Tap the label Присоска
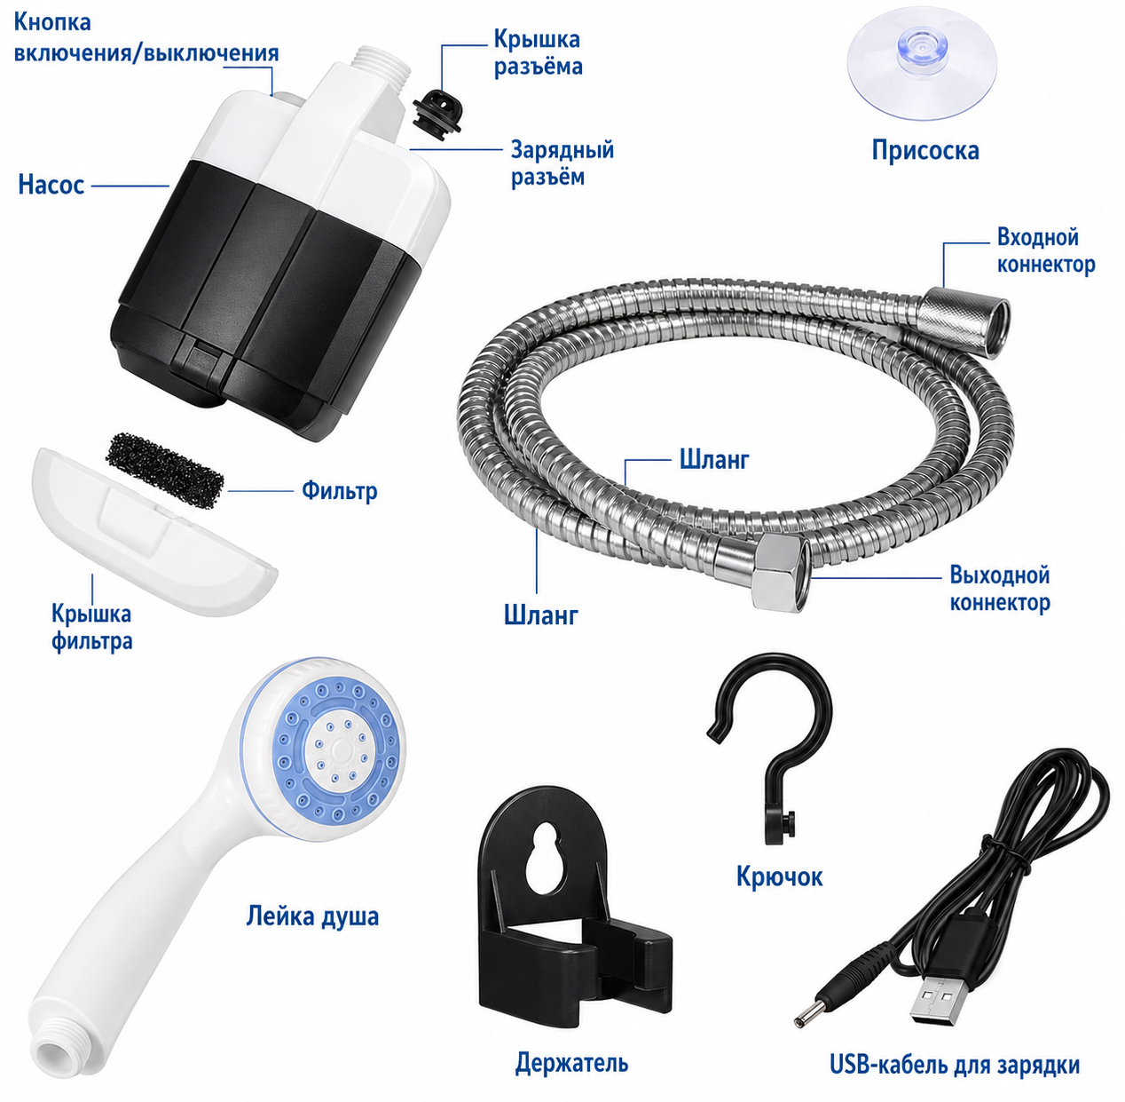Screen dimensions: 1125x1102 tap(924, 150)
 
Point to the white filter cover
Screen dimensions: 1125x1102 tap(153, 532)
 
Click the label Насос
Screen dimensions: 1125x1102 tap(51, 185)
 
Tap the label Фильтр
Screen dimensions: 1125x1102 tap(339, 490)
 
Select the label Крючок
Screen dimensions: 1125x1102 tap(779, 876)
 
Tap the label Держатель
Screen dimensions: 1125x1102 tap(571, 1062)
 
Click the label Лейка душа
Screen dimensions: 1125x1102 tap(312, 916)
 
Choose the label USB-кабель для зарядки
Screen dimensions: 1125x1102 tap(955, 1066)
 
